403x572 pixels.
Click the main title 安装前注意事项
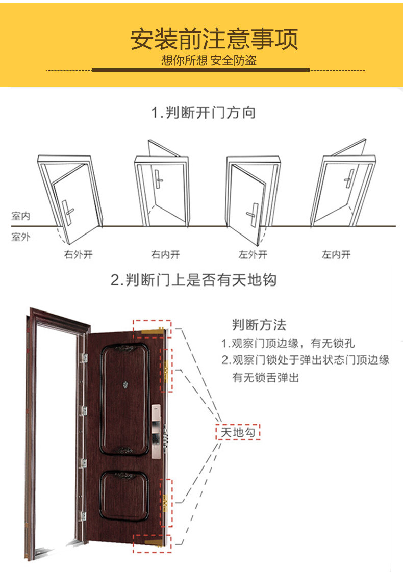(x=214, y=39)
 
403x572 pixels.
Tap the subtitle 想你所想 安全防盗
(x=209, y=60)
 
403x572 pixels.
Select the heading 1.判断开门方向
(x=204, y=112)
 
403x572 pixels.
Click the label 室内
(x=21, y=216)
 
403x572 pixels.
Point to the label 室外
(x=21, y=237)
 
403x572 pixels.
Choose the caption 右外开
(x=79, y=254)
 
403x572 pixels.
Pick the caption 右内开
(x=166, y=254)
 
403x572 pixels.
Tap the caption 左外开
(x=253, y=254)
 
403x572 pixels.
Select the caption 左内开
(x=336, y=254)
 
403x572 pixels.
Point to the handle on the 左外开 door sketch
(x=253, y=215)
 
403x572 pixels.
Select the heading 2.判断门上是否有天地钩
(x=193, y=280)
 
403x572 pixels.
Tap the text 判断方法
(x=259, y=325)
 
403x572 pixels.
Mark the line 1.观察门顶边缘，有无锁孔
(x=288, y=343)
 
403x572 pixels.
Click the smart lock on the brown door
(x=156, y=431)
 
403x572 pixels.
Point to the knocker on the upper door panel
(x=124, y=384)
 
